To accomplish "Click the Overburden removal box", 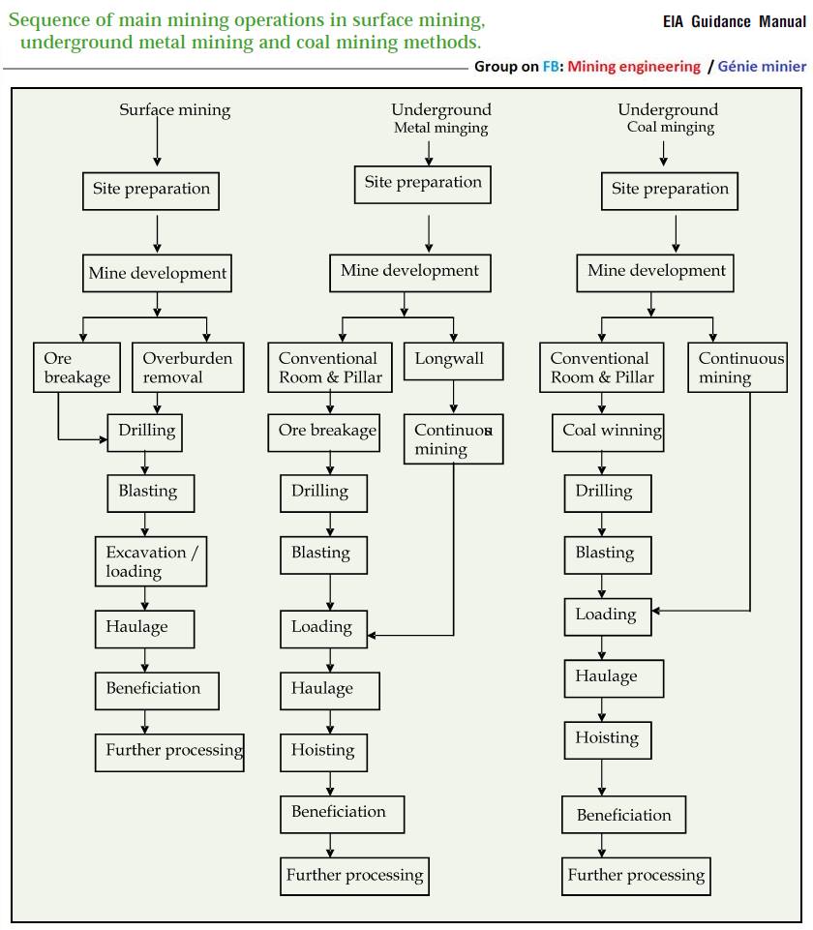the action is coord(188,367).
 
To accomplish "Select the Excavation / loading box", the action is coord(151,561).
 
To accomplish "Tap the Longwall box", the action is coord(453,361).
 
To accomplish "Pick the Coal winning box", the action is coord(608,433).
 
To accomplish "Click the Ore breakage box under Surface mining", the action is coord(76,367).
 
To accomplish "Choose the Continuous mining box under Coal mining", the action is coord(738,367).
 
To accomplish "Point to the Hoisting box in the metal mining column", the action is coord(324,752).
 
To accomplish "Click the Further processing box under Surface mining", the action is coord(169,752).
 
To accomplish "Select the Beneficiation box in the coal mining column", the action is coord(624,814).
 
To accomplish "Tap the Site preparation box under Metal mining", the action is coord(423,185).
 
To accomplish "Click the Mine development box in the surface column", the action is coord(157,273).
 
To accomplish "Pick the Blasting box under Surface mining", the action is coord(151,493).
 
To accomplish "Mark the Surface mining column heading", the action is coord(175,109).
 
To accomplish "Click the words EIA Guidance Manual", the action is coord(735,22).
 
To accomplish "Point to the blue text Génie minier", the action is coord(762,66).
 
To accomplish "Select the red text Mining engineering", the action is coord(634,67).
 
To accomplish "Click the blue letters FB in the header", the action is coord(551,66).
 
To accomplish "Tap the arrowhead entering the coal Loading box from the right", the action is coord(656,611).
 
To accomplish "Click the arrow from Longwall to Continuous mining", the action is coord(454,397).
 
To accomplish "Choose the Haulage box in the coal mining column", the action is coord(614,678).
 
